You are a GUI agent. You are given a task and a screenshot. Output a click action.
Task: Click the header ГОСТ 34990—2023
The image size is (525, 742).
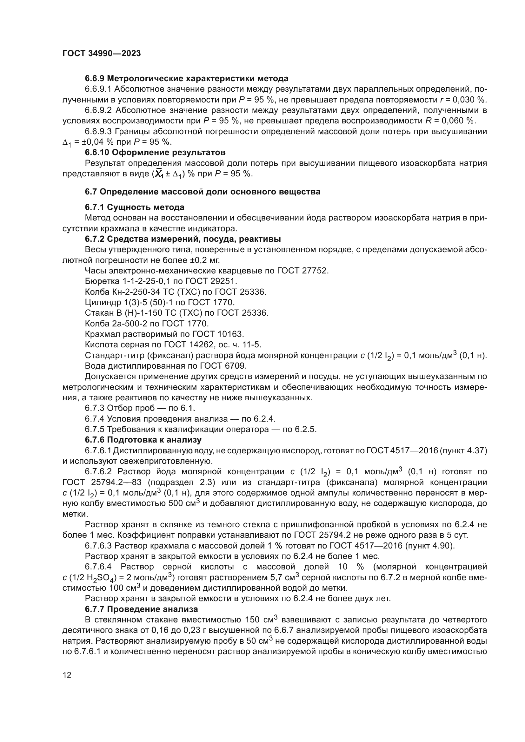pos(102,54)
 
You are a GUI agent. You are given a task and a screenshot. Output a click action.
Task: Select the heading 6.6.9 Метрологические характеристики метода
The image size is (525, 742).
pos(187,79)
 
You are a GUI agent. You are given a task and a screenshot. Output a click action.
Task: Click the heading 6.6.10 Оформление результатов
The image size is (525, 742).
pos(155,153)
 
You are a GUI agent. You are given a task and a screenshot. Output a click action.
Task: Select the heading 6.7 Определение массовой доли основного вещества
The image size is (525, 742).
pos(203,192)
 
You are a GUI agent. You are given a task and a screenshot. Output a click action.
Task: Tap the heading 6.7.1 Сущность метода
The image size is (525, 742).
pos(135,207)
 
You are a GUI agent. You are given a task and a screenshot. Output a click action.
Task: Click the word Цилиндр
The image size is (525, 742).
pos(100,303)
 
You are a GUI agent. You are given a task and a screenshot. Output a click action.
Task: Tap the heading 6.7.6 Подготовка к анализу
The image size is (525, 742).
pos(143,440)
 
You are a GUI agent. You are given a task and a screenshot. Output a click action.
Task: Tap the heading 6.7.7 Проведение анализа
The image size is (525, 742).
pos(141,609)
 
